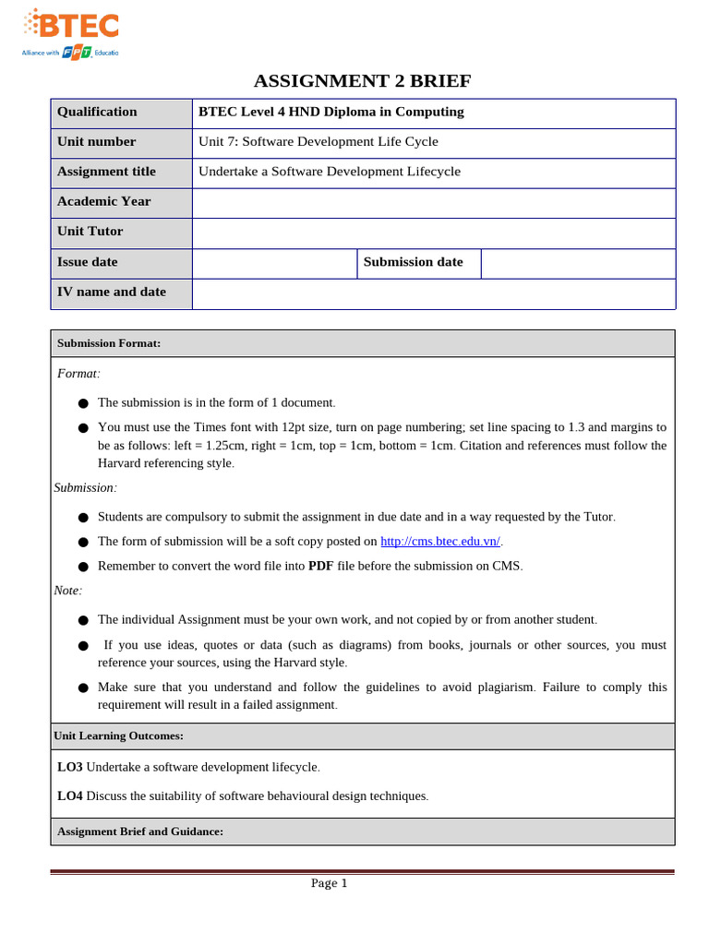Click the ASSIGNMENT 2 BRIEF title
[x=362, y=81]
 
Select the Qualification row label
[x=97, y=112]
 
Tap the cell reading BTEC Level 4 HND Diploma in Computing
[x=331, y=112]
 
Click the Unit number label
[x=96, y=141]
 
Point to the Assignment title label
[x=106, y=171]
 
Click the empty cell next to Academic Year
[x=434, y=202]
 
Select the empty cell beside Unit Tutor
[x=434, y=232]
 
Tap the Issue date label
[x=88, y=261]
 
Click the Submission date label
[x=413, y=261]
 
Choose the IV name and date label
[x=112, y=292]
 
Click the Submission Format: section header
[x=109, y=343]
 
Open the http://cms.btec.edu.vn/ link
[x=440, y=542]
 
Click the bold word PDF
[x=320, y=566]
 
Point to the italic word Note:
[x=68, y=590]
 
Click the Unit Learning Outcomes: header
[x=118, y=736]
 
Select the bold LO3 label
[x=69, y=767]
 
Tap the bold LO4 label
[x=69, y=795]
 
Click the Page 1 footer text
[x=329, y=883]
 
